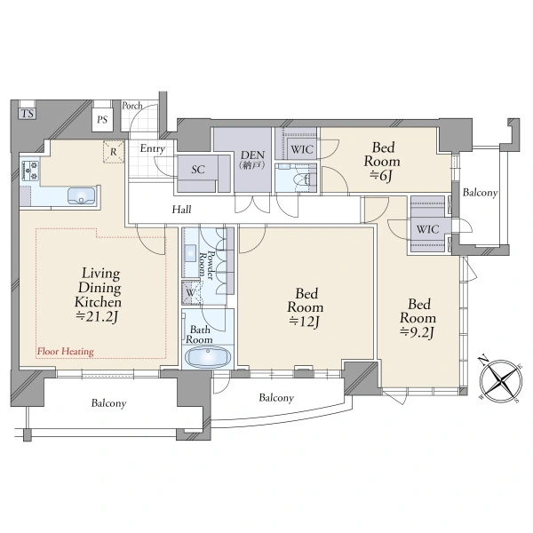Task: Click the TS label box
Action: [x=28, y=114]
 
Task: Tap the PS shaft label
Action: [x=102, y=120]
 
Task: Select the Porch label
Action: [x=132, y=106]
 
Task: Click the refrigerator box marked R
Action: [x=114, y=152]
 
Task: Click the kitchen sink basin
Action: [x=81, y=196]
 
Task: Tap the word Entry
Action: [x=153, y=148]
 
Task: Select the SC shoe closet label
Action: [x=198, y=170]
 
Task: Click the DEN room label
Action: [x=252, y=155]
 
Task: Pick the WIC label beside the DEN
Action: [x=302, y=149]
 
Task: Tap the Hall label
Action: [x=181, y=210]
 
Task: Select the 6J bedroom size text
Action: [x=381, y=175]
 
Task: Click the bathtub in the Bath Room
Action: [x=207, y=358]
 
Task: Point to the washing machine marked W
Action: [x=191, y=292]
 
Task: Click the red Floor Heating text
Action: [x=66, y=351]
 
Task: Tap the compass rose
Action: [x=501, y=380]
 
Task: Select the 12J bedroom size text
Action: [x=304, y=322]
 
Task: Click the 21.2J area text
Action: [x=97, y=316]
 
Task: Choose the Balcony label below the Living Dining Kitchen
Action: [x=108, y=403]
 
